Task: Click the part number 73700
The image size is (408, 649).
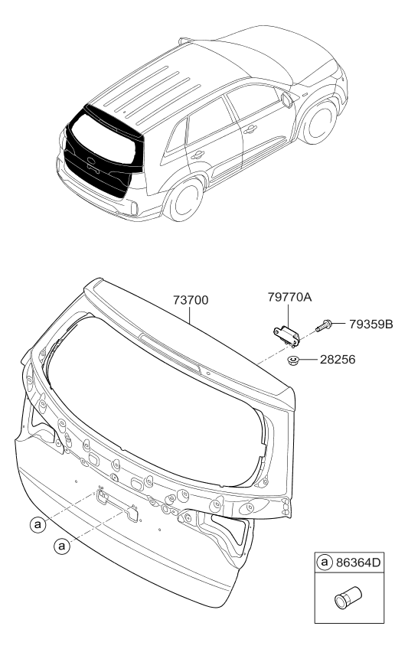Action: (x=191, y=300)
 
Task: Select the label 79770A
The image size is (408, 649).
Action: (x=289, y=297)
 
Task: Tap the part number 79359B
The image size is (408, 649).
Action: (x=370, y=324)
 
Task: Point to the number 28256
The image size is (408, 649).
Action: (x=338, y=359)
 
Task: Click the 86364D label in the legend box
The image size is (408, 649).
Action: (x=357, y=562)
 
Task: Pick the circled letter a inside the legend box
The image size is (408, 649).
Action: (x=325, y=562)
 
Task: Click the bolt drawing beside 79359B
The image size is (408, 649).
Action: (x=324, y=325)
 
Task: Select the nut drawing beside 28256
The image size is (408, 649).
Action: (x=293, y=360)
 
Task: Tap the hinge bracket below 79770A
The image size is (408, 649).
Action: (x=286, y=336)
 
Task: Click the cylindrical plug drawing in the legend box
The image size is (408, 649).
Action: (x=348, y=597)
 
